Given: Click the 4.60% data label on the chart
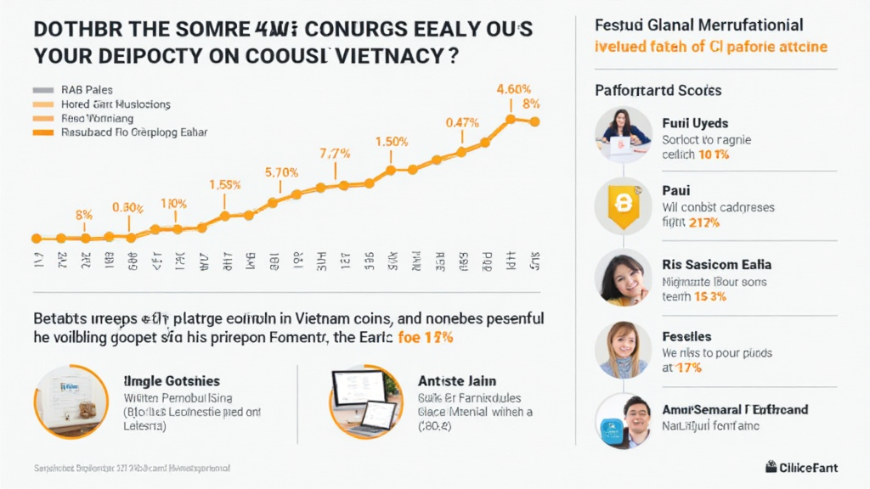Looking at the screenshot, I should [x=514, y=89].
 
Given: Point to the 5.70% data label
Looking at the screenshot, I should [x=281, y=172].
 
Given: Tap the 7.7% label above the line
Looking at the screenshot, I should [x=335, y=154].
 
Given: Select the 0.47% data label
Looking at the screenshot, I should [x=462, y=122].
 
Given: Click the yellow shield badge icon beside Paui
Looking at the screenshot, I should [x=623, y=205].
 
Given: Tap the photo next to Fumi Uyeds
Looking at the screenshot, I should [x=623, y=135].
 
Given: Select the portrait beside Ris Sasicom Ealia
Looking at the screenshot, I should [x=623, y=279].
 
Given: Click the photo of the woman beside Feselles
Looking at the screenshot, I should [x=623, y=350].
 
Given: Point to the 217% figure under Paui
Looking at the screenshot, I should [x=703, y=222].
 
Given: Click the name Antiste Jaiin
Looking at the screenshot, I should [x=457, y=381].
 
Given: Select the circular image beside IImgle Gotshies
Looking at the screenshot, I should [x=71, y=401].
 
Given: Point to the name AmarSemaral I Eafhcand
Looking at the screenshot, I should [x=735, y=409].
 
